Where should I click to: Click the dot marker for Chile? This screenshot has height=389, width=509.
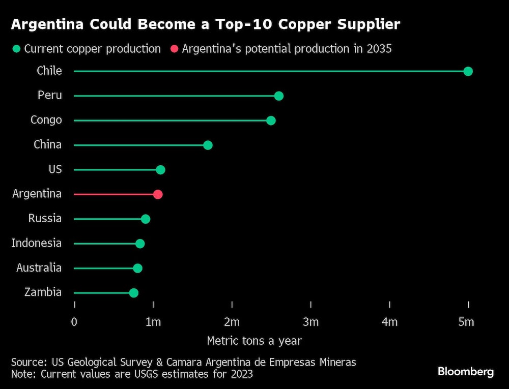click(x=468, y=71)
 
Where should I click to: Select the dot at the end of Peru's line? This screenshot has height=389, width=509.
click(x=278, y=96)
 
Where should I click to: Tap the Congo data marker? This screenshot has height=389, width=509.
click(x=271, y=121)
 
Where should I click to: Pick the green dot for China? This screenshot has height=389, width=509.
click(x=208, y=145)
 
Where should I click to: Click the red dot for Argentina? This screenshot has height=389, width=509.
click(x=158, y=194)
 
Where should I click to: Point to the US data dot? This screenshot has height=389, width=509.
click(x=160, y=170)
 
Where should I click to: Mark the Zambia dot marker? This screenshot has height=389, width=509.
click(x=133, y=293)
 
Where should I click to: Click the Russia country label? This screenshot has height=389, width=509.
click(x=45, y=219)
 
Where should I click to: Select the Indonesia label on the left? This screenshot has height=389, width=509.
click(x=36, y=243)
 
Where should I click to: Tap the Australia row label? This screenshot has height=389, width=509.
click(x=39, y=267)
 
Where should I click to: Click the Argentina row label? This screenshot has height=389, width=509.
click(x=37, y=194)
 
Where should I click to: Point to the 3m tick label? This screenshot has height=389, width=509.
click(x=310, y=322)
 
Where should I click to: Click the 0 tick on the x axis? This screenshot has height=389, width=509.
click(x=74, y=322)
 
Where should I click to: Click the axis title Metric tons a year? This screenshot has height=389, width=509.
click(x=254, y=341)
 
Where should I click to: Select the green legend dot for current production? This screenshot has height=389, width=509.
click(x=17, y=49)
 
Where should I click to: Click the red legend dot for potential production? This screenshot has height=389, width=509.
click(x=174, y=49)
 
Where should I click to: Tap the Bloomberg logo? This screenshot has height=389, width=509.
click(x=466, y=372)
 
